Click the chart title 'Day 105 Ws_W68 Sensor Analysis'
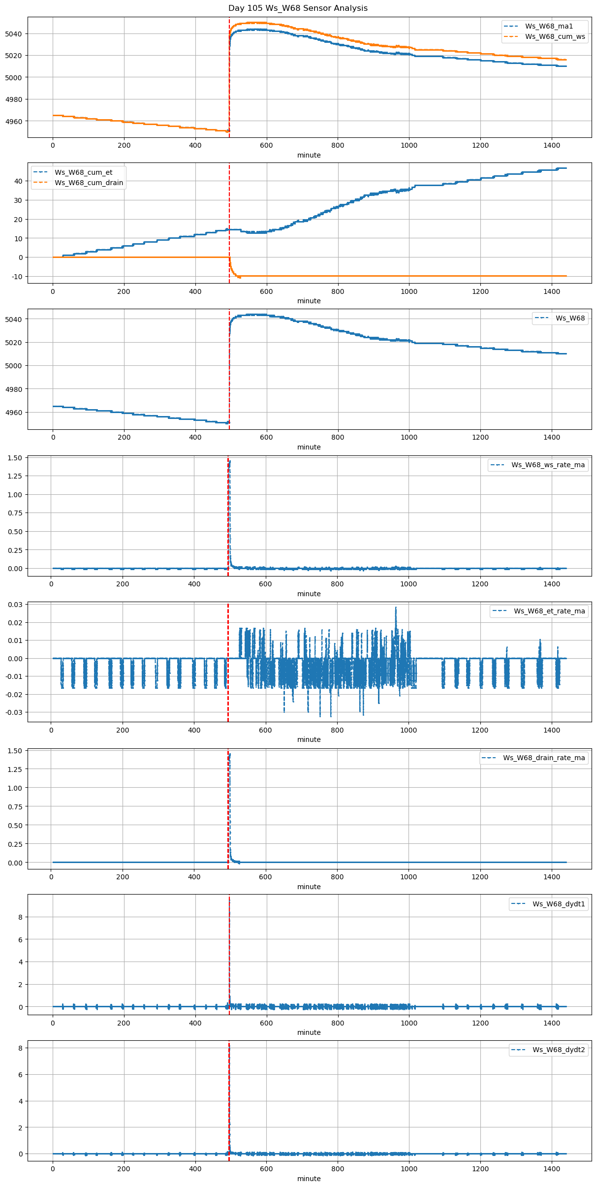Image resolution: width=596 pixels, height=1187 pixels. (x=298, y=8)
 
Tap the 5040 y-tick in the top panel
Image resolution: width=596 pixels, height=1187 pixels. (x=14, y=34)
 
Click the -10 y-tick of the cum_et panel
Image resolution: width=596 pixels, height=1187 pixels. (x=18, y=277)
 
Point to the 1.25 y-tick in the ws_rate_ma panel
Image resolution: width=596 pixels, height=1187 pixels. (x=15, y=476)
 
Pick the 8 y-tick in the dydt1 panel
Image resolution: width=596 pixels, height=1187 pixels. (x=21, y=917)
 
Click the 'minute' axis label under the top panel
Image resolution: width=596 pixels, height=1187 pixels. (x=309, y=155)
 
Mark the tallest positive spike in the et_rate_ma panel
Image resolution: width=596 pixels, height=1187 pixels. (x=395, y=608)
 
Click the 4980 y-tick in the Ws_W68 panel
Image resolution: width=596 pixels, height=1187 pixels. (x=14, y=389)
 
